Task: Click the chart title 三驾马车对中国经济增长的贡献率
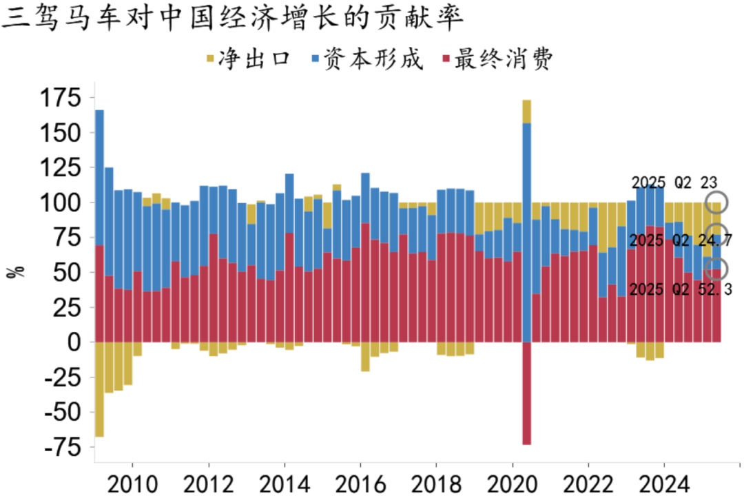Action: [x=231, y=19]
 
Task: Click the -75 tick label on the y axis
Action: [x=60, y=447]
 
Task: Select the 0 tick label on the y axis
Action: [x=74, y=342]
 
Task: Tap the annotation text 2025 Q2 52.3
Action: [x=681, y=290]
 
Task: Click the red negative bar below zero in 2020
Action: [x=527, y=393]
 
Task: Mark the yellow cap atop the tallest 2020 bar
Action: [x=527, y=111]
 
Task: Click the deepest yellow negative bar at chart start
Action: [x=99, y=389]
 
